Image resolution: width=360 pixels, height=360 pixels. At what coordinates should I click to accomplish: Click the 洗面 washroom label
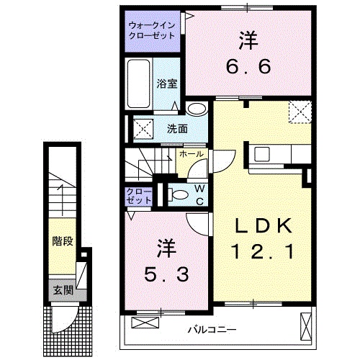pyautogui.click(x=177, y=130)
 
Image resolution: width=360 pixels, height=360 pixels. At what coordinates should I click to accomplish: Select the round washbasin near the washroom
pyautogui.click(x=196, y=109)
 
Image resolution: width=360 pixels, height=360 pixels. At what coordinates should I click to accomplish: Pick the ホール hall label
pyautogui.click(x=191, y=153)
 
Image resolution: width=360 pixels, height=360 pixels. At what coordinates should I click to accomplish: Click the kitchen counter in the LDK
pyautogui.click(x=278, y=154)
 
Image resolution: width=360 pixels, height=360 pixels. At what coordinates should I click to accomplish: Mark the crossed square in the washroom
pyautogui.click(x=141, y=130)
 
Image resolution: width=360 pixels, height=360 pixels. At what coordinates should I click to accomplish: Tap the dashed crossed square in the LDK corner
pyautogui.click(x=300, y=112)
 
